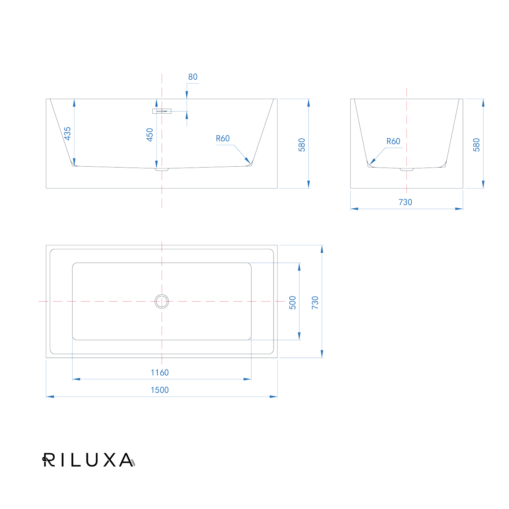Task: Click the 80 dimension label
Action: point(193,77)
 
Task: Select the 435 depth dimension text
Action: point(67,133)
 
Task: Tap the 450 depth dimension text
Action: point(150,135)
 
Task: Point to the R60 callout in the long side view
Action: point(223,138)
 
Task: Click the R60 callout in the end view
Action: point(393,141)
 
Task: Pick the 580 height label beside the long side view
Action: point(302,145)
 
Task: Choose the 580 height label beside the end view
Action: point(476,145)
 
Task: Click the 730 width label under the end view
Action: point(405,202)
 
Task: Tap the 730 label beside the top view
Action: point(315,303)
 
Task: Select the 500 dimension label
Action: point(292,303)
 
